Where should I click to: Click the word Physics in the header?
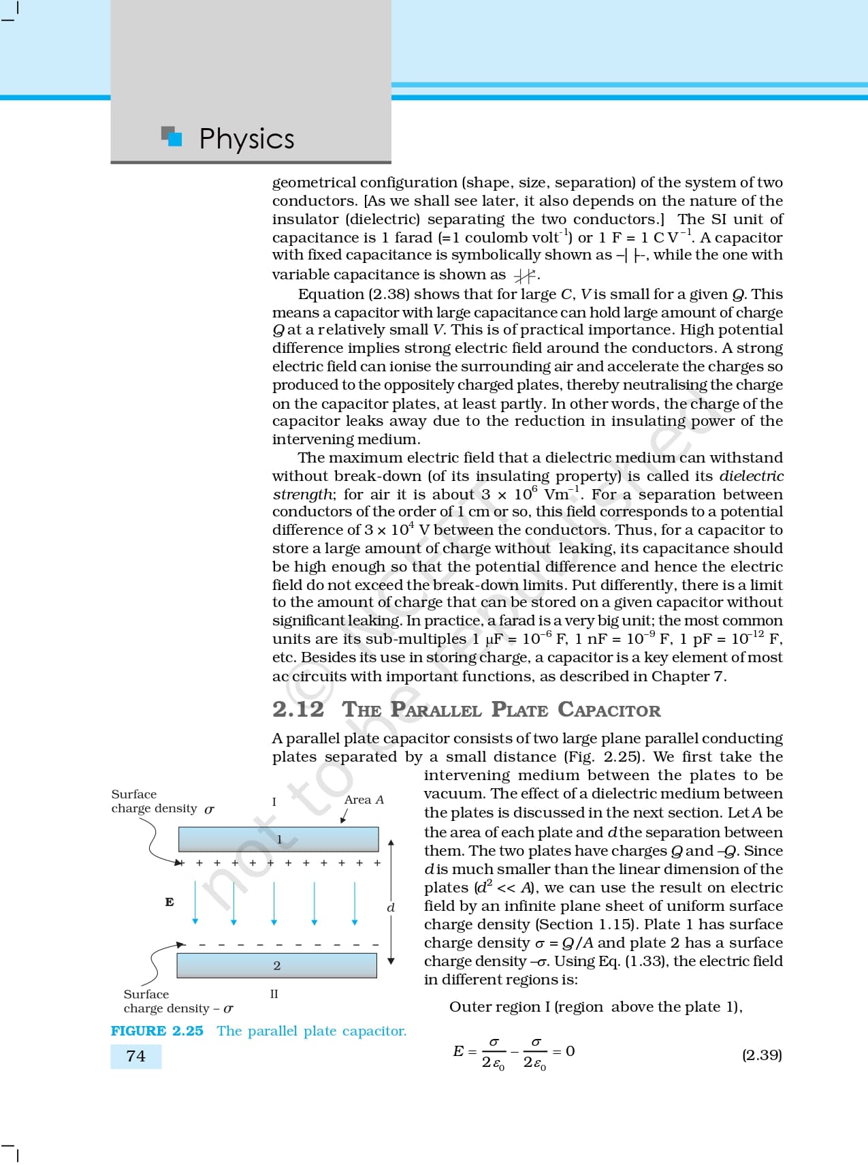(x=246, y=139)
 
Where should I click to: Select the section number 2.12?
(x=298, y=709)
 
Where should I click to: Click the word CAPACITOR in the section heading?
(x=609, y=710)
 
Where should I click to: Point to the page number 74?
(x=136, y=1056)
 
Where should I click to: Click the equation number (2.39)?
(x=762, y=1055)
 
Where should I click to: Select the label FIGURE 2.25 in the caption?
(x=157, y=1031)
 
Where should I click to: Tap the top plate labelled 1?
(x=278, y=839)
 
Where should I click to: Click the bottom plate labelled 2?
(x=276, y=965)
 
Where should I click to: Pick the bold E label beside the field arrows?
(x=170, y=902)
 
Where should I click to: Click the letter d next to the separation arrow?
(x=391, y=907)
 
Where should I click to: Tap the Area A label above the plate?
(x=364, y=800)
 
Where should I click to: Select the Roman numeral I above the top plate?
(x=274, y=802)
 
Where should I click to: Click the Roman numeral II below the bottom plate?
(x=274, y=994)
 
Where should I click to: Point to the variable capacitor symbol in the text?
(x=524, y=276)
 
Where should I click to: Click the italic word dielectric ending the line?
(x=752, y=476)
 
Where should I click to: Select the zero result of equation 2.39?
(x=570, y=1051)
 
